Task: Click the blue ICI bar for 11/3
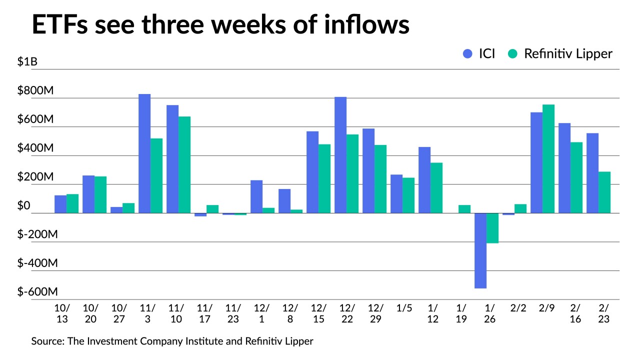click(x=144, y=153)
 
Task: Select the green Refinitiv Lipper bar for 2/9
click(x=548, y=158)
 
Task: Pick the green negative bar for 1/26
click(x=492, y=228)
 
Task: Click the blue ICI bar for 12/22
click(x=340, y=155)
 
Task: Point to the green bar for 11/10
click(x=184, y=164)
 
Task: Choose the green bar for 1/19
click(x=464, y=209)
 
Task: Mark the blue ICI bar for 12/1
click(x=256, y=196)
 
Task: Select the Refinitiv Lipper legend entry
click(x=560, y=54)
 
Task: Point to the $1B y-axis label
click(x=27, y=62)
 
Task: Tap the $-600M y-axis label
click(x=37, y=292)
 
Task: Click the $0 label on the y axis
click(x=24, y=206)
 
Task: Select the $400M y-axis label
click(x=35, y=148)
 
